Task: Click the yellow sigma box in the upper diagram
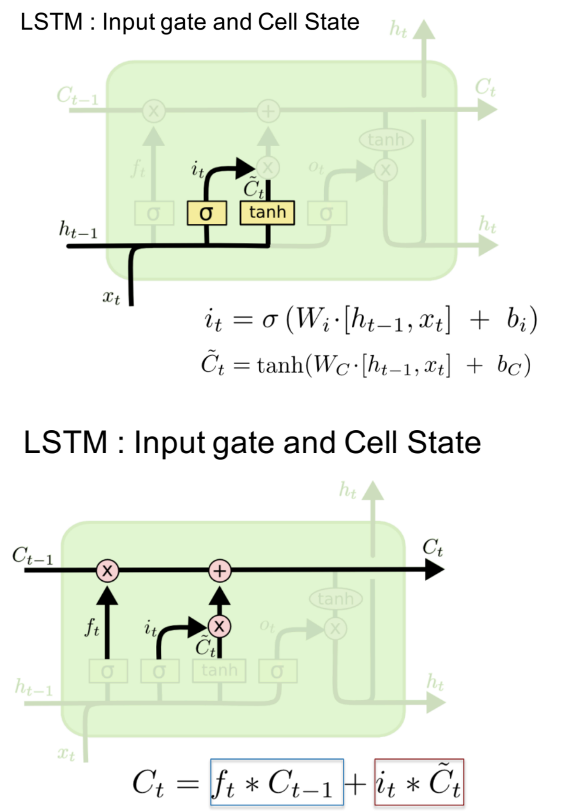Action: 207,213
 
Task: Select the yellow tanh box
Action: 267,213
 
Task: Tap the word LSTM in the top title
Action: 52,22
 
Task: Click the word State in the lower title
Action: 444,443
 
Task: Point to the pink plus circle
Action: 220,570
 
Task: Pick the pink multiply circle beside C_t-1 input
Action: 108,570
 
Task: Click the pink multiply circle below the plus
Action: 219,626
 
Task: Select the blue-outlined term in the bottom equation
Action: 277,782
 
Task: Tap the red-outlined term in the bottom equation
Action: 419,782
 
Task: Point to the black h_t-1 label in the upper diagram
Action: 78,230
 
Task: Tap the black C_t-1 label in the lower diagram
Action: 32,556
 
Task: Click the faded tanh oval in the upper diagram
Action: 386,139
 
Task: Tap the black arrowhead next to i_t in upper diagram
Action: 245,168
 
